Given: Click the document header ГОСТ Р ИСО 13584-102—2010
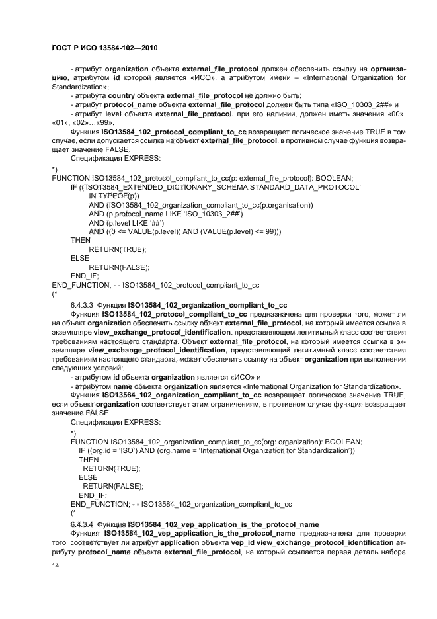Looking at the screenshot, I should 104,49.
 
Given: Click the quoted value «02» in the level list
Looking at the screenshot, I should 80,123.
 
